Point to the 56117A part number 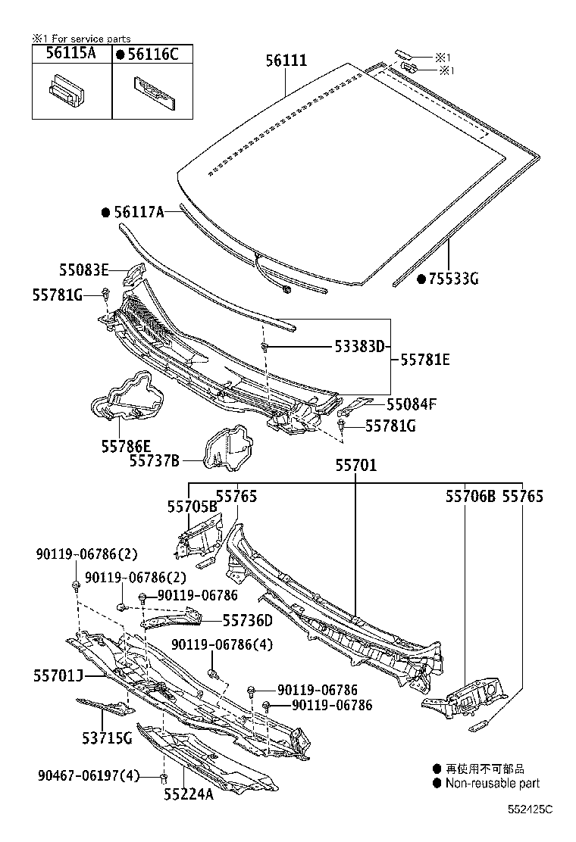click(x=139, y=213)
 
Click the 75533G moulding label click(x=454, y=279)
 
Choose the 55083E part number click(x=84, y=270)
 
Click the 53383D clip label click(x=360, y=347)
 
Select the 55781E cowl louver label click(x=425, y=360)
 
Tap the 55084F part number click(x=412, y=404)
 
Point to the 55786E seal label click(x=126, y=446)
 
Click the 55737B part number click(x=154, y=460)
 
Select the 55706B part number click(x=470, y=497)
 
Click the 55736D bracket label click(x=247, y=620)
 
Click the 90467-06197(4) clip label click(x=88, y=775)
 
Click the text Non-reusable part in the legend click(x=492, y=784)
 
